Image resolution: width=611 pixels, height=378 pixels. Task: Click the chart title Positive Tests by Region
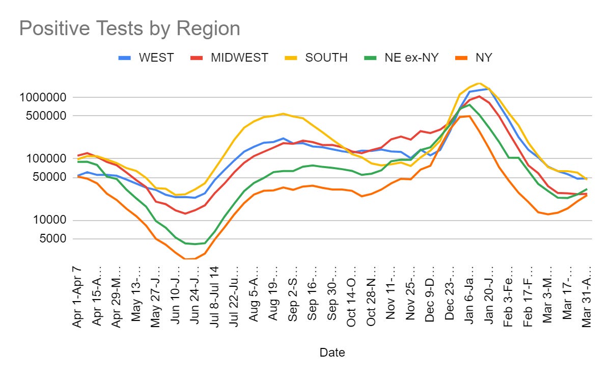tap(129, 29)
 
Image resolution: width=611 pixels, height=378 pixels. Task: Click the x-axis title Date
tap(332, 352)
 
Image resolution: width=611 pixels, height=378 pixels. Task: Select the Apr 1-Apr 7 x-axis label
tap(78, 296)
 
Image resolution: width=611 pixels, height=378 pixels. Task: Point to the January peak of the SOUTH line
tap(479, 83)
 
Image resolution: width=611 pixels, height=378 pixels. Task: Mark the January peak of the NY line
tap(469, 116)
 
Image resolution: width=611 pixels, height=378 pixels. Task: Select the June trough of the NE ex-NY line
tap(195, 244)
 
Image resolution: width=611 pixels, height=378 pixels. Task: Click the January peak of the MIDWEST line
tap(479, 96)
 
